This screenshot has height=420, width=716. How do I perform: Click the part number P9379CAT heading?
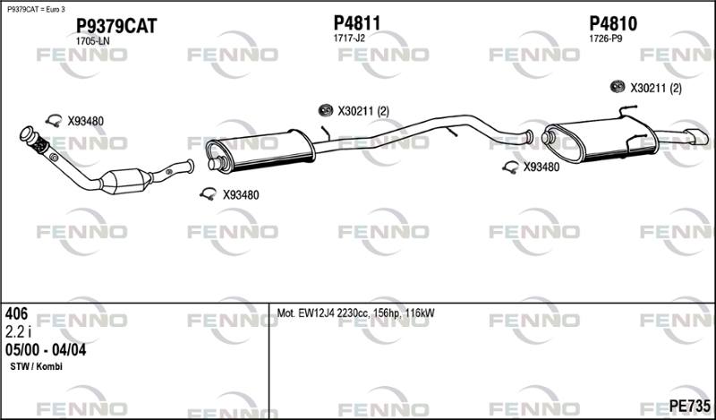tap(115, 26)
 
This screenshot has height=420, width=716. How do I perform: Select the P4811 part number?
tap(357, 22)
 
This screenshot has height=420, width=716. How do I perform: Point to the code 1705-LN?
tap(93, 41)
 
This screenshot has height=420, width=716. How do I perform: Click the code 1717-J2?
tap(349, 39)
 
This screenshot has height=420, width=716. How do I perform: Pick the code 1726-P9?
tap(605, 39)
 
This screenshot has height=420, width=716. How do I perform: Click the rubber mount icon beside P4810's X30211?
tap(617, 87)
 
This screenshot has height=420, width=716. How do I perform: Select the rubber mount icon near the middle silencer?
tap(326, 110)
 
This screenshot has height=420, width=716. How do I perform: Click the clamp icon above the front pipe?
tap(54, 121)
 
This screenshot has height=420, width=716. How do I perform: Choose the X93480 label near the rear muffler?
tap(541, 167)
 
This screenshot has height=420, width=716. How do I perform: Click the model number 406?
tap(16, 313)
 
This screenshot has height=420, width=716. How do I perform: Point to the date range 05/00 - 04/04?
tap(46, 349)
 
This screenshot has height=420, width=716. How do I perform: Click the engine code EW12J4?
tap(319, 313)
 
